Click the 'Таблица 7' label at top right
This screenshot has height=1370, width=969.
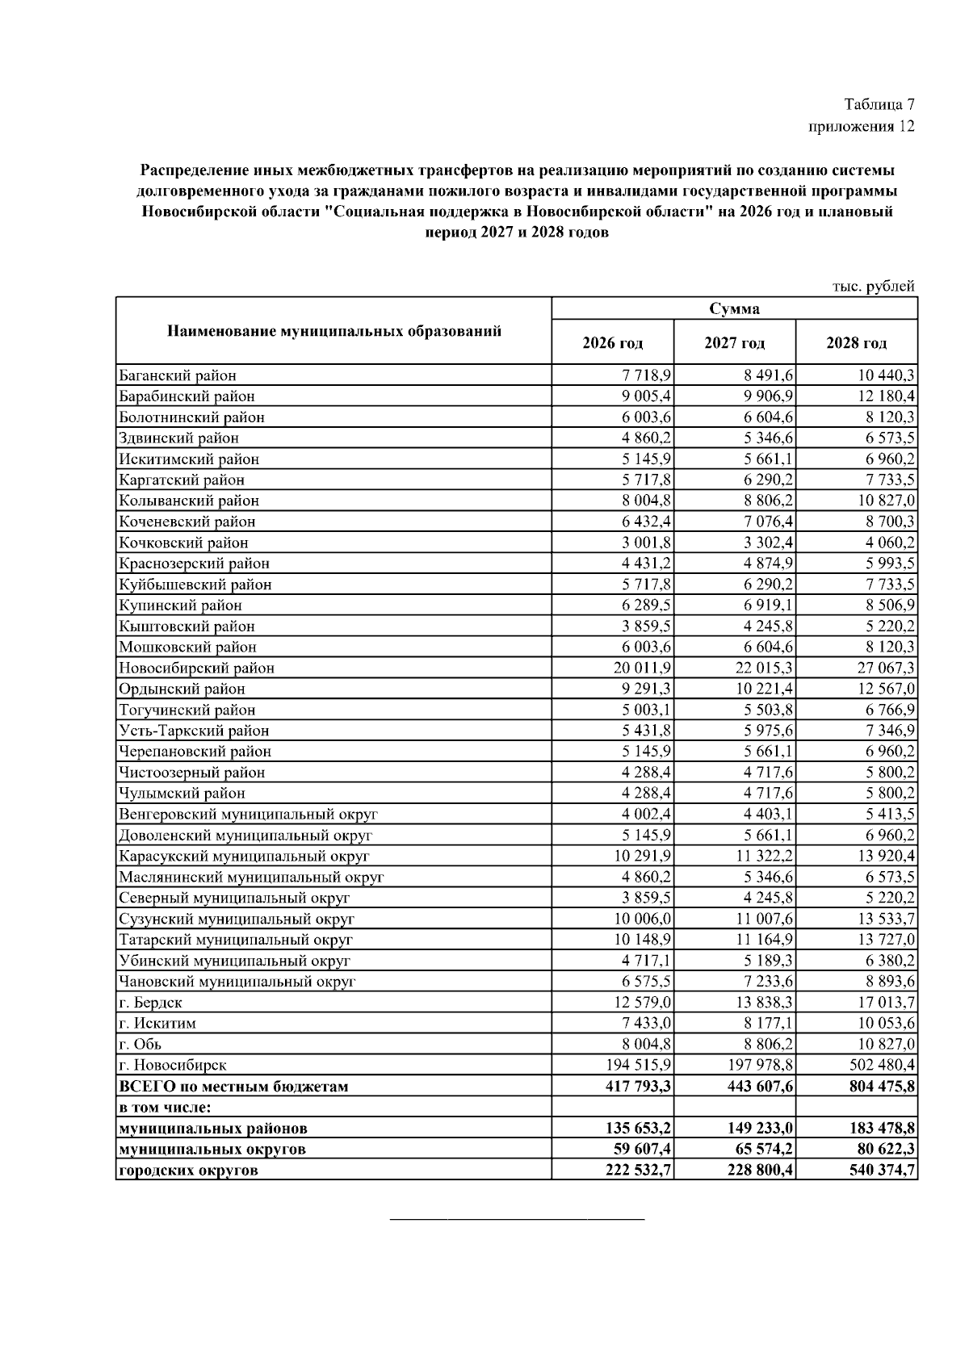pyautogui.click(x=879, y=105)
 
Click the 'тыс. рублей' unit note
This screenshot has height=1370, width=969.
pyautogui.click(x=874, y=286)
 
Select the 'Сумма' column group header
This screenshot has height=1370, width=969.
pyautogui.click(x=734, y=309)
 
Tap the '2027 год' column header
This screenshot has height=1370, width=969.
pyautogui.click(x=734, y=343)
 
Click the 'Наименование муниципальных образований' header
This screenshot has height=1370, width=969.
pyautogui.click(x=333, y=331)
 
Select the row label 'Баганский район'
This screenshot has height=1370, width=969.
pyautogui.click(x=178, y=375)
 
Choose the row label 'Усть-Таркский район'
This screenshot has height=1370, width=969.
pyautogui.click(x=194, y=731)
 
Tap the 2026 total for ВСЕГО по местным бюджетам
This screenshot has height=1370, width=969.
pyautogui.click(x=639, y=1087)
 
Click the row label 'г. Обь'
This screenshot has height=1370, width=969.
pyautogui.click(x=140, y=1044)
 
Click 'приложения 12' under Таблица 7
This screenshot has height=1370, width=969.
pyautogui.click(x=861, y=127)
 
